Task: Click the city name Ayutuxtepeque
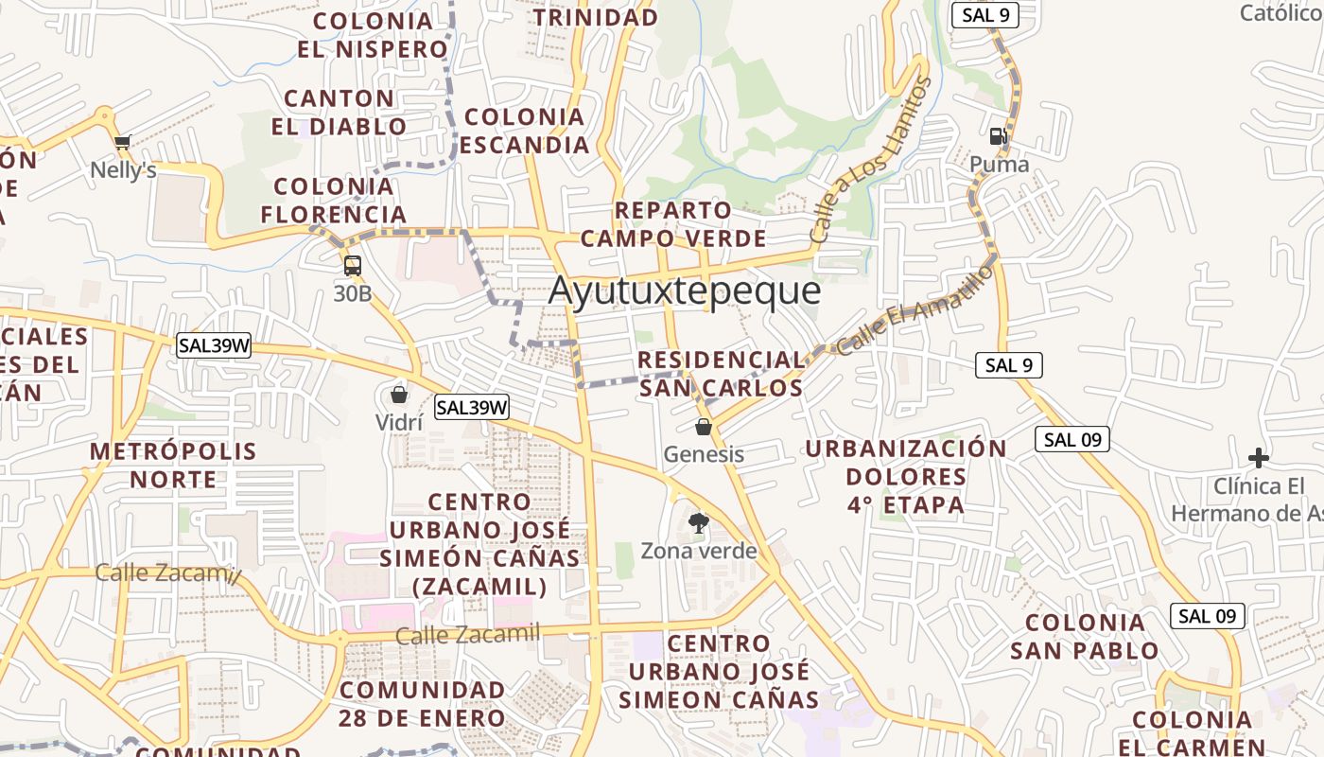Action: [684, 290]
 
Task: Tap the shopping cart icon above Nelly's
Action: [122, 143]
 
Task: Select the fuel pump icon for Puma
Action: [998, 136]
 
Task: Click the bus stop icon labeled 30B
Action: [352, 266]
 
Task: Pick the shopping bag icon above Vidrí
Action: [399, 394]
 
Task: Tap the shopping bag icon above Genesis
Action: [703, 427]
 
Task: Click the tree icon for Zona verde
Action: [698, 522]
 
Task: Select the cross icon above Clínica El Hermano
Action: [1258, 458]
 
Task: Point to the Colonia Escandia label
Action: [525, 131]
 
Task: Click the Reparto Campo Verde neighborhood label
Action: [672, 224]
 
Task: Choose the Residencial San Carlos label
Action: [721, 374]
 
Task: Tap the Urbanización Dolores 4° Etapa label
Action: [906, 476]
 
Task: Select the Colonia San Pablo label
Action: [1085, 636]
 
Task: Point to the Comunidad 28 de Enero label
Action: [422, 703]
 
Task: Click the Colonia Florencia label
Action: [333, 200]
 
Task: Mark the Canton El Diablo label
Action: [339, 112]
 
